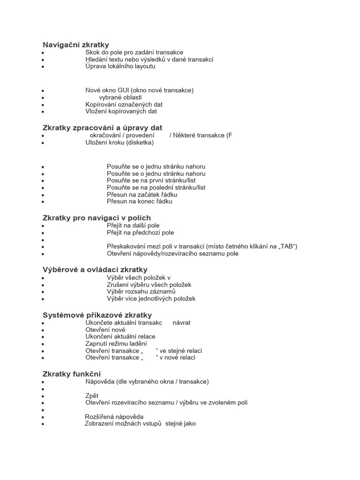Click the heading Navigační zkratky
[x=76, y=45]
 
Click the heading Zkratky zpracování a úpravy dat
[x=103, y=127]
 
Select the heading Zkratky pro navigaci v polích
[x=97, y=217]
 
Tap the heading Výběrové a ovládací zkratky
[x=95, y=270]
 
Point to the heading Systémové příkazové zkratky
[x=97, y=315]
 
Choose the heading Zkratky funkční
[x=72, y=374]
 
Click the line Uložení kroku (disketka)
[x=120, y=142]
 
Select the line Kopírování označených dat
[x=124, y=105]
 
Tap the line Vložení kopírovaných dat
[x=121, y=112]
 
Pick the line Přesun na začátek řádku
[x=142, y=195]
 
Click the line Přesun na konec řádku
[x=140, y=202]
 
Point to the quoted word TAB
[x=286, y=247]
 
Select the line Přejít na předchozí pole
[x=140, y=232]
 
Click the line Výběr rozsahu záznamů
[x=141, y=292]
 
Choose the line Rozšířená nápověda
[x=114, y=417]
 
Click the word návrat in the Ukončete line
[x=181, y=322]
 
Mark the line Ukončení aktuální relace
[x=120, y=337]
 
